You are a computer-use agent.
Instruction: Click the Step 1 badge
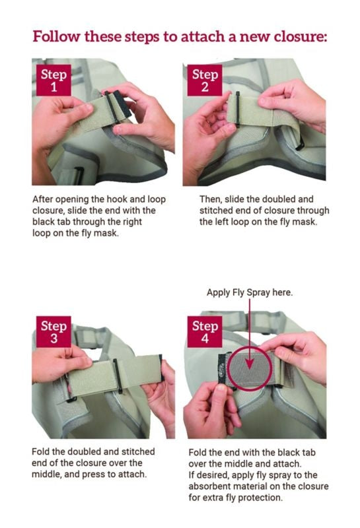click(x=54, y=80)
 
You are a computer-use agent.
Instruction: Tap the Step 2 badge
click(x=205, y=80)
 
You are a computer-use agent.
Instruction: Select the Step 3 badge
click(x=54, y=332)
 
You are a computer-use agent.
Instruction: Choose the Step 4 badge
click(x=205, y=332)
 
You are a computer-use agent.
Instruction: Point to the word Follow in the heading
click(x=56, y=36)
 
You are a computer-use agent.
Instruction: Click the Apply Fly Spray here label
click(x=250, y=292)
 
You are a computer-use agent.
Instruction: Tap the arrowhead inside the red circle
click(x=250, y=364)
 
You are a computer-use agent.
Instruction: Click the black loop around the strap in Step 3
click(x=118, y=376)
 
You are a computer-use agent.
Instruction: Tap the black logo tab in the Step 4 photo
click(x=221, y=369)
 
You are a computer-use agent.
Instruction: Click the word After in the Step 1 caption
click(x=42, y=199)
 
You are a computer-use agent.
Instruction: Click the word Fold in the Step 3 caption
click(x=40, y=451)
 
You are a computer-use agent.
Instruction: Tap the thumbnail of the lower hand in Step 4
click(x=221, y=389)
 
